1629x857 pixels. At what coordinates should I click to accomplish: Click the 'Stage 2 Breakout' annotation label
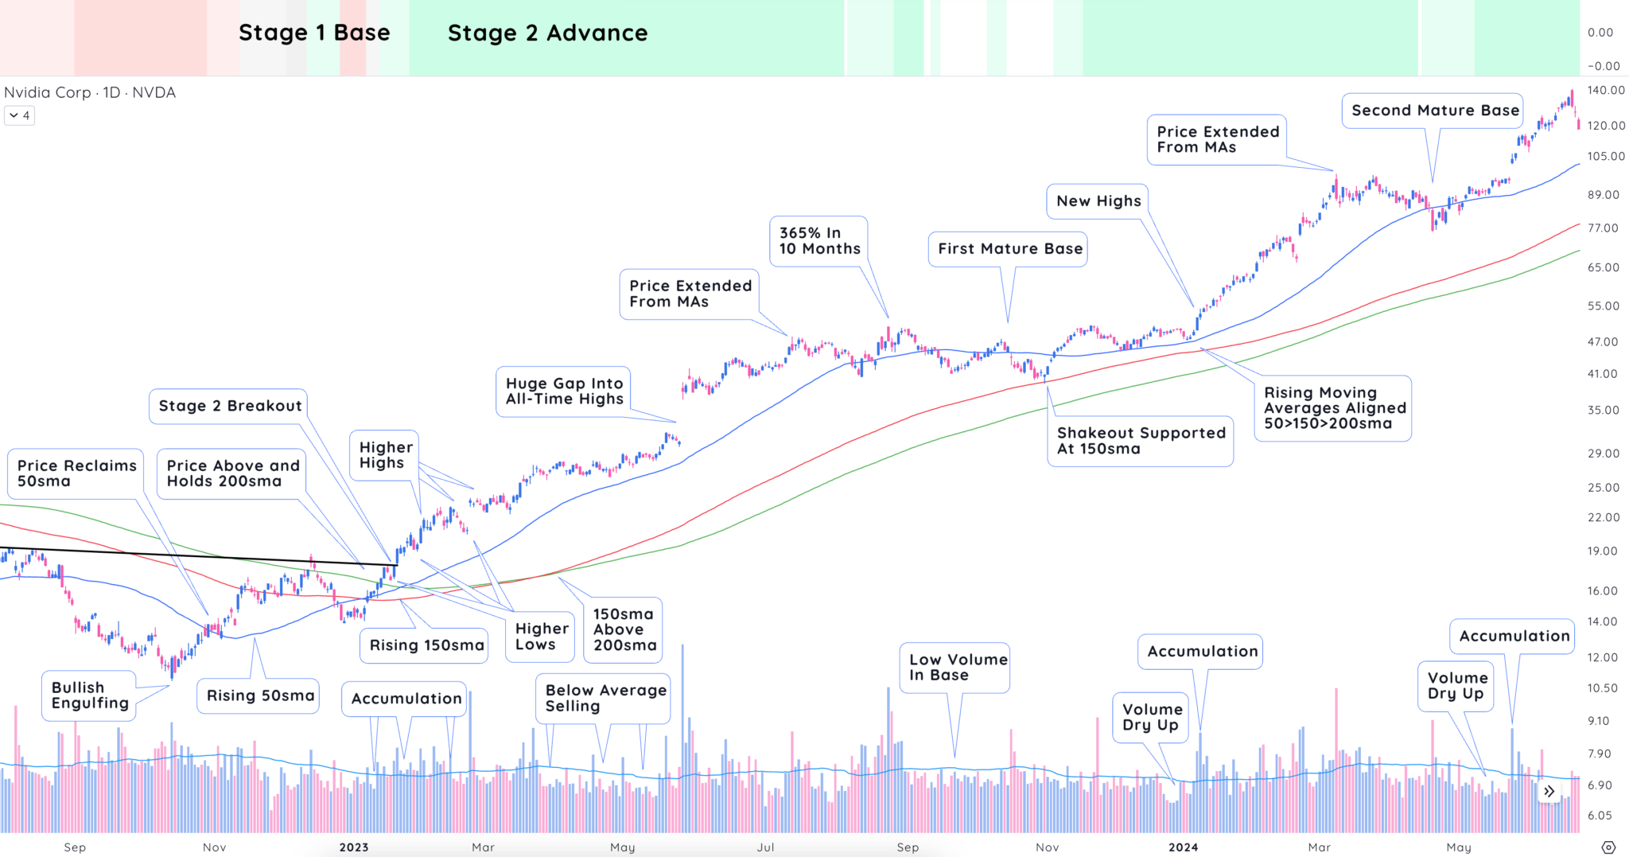tap(230, 406)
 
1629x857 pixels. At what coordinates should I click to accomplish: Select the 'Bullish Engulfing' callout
tap(89, 695)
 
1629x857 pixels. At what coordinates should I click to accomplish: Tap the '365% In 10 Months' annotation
tap(819, 240)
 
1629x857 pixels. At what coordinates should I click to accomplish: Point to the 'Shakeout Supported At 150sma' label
tap(1140, 441)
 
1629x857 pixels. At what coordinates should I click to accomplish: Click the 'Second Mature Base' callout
tap(1434, 111)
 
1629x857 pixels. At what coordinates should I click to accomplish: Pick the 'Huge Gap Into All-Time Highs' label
tap(564, 391)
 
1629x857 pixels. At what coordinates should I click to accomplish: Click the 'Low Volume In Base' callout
tap(957, 668)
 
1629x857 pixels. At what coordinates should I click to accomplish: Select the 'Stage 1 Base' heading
tap(314, 33)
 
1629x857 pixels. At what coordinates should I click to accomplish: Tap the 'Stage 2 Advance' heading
tap(547, 33)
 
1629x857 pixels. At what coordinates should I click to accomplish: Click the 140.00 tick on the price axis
tap(1605, 90)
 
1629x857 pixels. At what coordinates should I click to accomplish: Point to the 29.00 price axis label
tap(1603, 454)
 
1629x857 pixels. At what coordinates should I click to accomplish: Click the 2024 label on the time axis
tap(1183, 847)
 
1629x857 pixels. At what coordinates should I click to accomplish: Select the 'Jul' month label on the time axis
tap(765, 847)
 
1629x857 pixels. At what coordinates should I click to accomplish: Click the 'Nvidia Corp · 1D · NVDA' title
tap(90, 92)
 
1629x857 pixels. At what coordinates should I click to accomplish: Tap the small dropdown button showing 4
tap(19, 115)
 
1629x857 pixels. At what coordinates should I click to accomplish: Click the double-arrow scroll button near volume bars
tap(1549, 791)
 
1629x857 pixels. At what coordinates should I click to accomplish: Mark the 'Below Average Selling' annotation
tap(605, 698)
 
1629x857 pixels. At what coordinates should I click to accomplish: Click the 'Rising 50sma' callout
tap(259, 695)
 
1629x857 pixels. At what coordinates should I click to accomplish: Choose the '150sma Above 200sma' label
tap(624, 629)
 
